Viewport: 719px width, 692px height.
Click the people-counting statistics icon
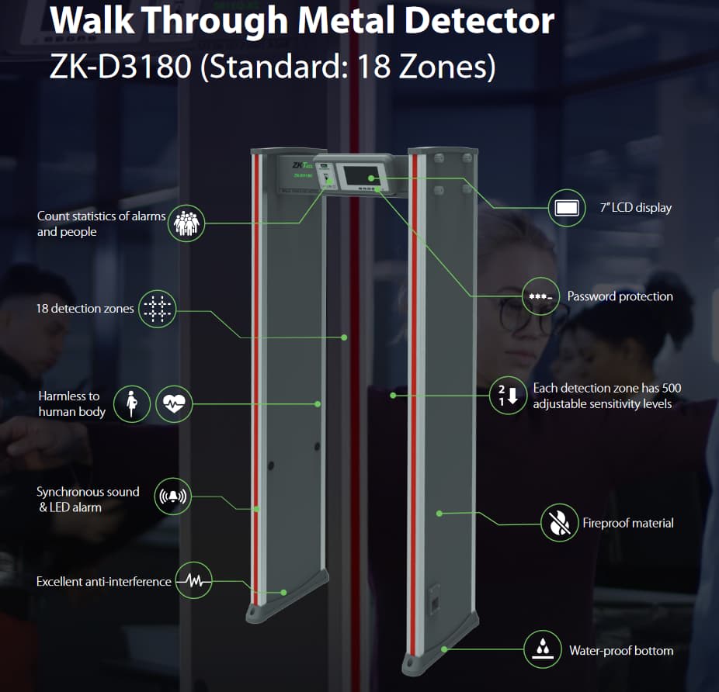pos(186,223)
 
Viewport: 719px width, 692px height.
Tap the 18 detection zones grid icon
pos(158,308)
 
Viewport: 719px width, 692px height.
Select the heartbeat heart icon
pos(174,403)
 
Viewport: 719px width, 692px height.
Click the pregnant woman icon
pos(133,403)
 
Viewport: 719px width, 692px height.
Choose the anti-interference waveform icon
pos(193,581)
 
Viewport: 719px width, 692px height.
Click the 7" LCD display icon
pos(566,208)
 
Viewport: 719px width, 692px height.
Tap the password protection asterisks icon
pos(540,296)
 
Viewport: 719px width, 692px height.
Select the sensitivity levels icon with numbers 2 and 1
pos(508,396)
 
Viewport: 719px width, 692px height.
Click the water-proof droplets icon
pos(543,649)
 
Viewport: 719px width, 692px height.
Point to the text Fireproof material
pos(628,523)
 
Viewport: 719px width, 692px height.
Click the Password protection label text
pos(620,296)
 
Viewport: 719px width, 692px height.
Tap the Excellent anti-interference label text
pos(104,581)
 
